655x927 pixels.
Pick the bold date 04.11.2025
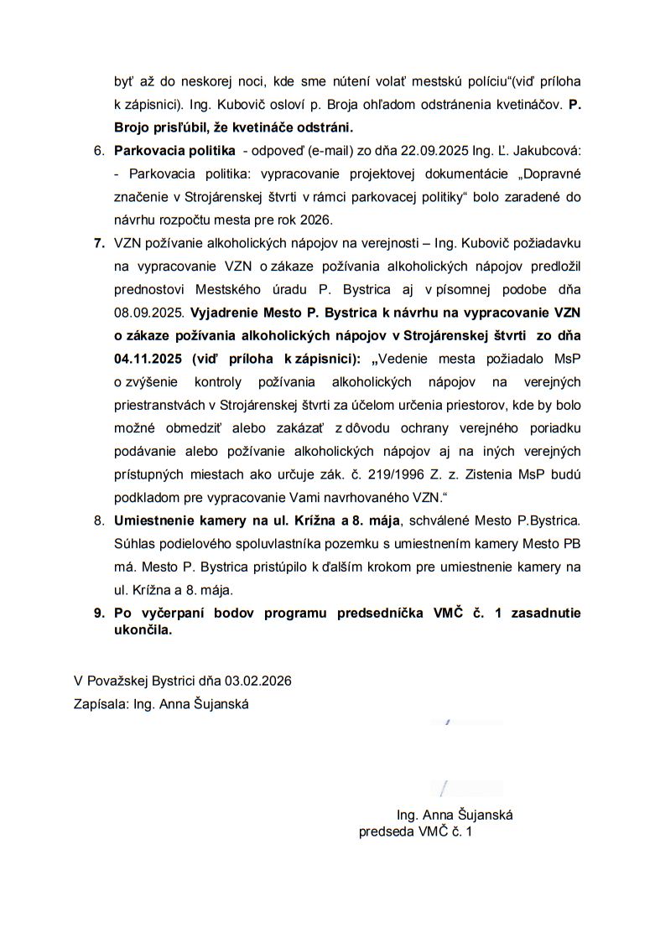148,359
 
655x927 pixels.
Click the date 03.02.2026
253,681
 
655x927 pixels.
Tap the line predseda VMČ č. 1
415,832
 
